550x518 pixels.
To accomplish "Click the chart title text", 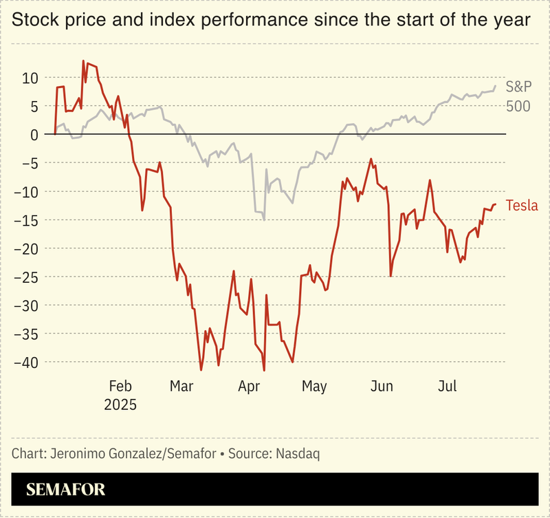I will [271, 21].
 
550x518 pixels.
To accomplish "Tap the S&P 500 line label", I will [519, 96].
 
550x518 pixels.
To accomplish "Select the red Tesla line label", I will [522, 206].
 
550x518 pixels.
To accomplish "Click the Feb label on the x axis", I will [120, 387].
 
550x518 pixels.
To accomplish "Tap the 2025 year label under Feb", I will [120, 404].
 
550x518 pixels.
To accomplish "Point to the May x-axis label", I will [315, 387].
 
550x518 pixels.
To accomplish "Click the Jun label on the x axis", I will [382, 387].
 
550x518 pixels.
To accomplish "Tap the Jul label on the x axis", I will [448, 387].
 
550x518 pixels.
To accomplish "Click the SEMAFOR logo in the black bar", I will [66, 490].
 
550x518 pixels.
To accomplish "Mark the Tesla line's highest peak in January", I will [83, 61].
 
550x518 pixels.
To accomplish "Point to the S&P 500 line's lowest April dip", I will [264, 219].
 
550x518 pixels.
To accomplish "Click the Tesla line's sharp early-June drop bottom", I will [390, 276].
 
